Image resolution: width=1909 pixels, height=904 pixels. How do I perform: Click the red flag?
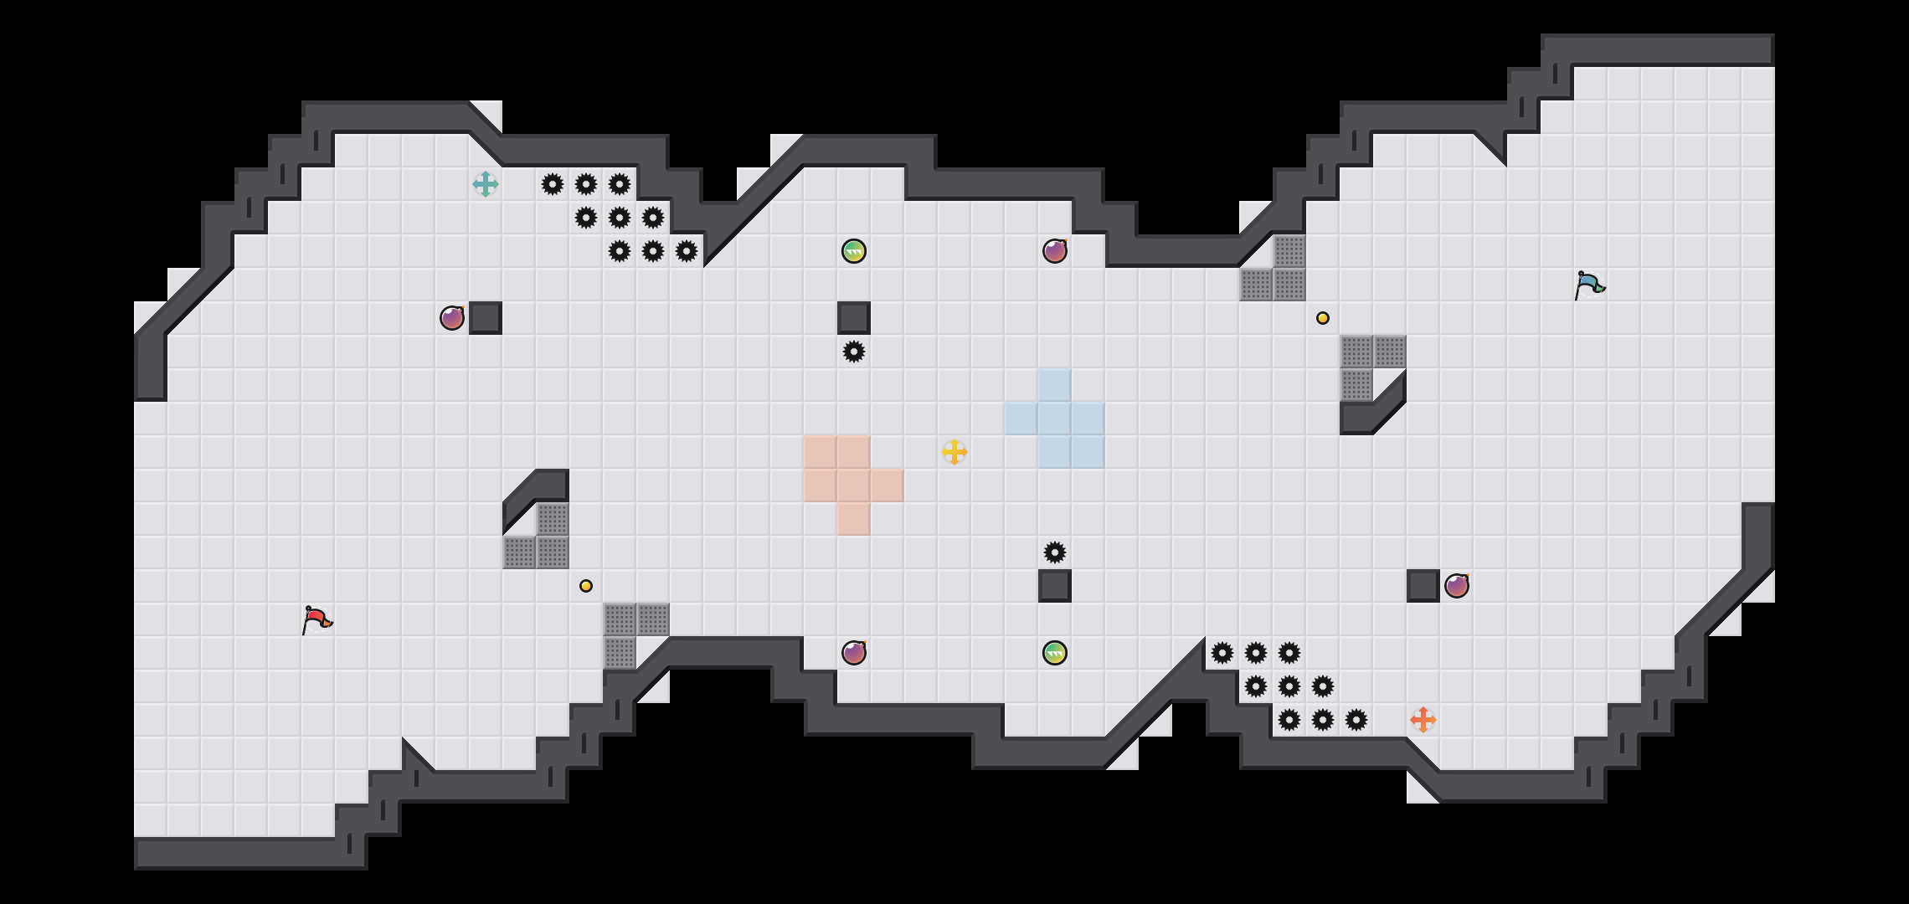pos(316,619)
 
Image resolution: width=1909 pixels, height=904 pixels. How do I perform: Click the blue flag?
pos(1588,285)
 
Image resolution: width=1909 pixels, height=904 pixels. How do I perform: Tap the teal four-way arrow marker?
pos(486,184)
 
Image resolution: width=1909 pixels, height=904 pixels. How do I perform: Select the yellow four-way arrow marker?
pos(954,452)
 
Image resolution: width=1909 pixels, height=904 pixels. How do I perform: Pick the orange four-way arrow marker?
pos(1423,720)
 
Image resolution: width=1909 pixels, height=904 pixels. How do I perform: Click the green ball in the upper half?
pos(854,251)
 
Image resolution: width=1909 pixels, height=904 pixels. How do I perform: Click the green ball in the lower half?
pos(1055,653)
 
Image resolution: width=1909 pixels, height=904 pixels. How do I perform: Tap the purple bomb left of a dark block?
pos(452,318)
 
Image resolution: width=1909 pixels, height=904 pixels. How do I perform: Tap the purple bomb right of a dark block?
pos(1457,586)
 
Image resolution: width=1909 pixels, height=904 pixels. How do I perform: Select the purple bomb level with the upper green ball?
pos(1055,251)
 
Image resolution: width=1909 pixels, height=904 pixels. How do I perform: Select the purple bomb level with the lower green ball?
pos(854,653)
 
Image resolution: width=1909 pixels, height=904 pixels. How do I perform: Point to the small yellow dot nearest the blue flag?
pos(1323,318)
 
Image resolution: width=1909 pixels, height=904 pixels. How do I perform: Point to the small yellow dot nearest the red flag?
pos(586,586)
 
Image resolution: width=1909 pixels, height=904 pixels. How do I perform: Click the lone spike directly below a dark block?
pos(854,352)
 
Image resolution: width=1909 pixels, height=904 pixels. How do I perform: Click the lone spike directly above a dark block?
pos(1055,552)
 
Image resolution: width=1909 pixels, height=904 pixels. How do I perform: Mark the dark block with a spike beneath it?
pos(854,318)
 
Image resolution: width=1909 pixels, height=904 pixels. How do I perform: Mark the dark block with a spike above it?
pos(1055,586)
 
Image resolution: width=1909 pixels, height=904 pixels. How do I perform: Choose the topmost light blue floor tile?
pos(1055,385)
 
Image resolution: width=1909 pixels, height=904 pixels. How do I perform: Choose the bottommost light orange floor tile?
pos(854,519)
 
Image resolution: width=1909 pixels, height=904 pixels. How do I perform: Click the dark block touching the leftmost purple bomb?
pos(486,318)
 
